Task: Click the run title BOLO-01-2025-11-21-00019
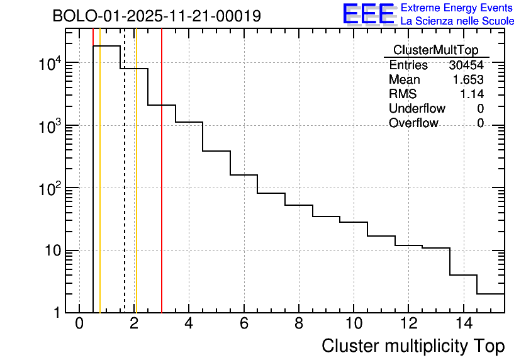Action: (x=157, y=16)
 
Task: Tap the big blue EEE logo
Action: (x=368, y=14)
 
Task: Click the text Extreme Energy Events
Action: (x=457, y=8)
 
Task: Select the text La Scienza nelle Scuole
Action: (x=457, y=21)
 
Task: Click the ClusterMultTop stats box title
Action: (x=435, y=50)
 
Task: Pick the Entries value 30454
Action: (x=466, y=65)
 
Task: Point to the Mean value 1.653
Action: (x=468, y=80)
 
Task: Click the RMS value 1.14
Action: (x=472, y=94)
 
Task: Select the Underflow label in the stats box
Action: (x=417, y=109)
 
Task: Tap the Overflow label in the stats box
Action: (x=413, y=123)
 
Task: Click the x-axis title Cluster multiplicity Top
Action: (x=413, y=346)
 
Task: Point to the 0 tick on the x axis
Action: (x=79, y=323)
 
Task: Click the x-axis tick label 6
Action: (x=244, y=323)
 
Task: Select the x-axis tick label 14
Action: (x=463, y=323)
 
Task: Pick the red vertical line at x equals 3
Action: (x=162, y=189)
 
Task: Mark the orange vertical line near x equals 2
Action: (x=136, y=189)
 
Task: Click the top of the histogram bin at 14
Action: (x=463, y=274)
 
